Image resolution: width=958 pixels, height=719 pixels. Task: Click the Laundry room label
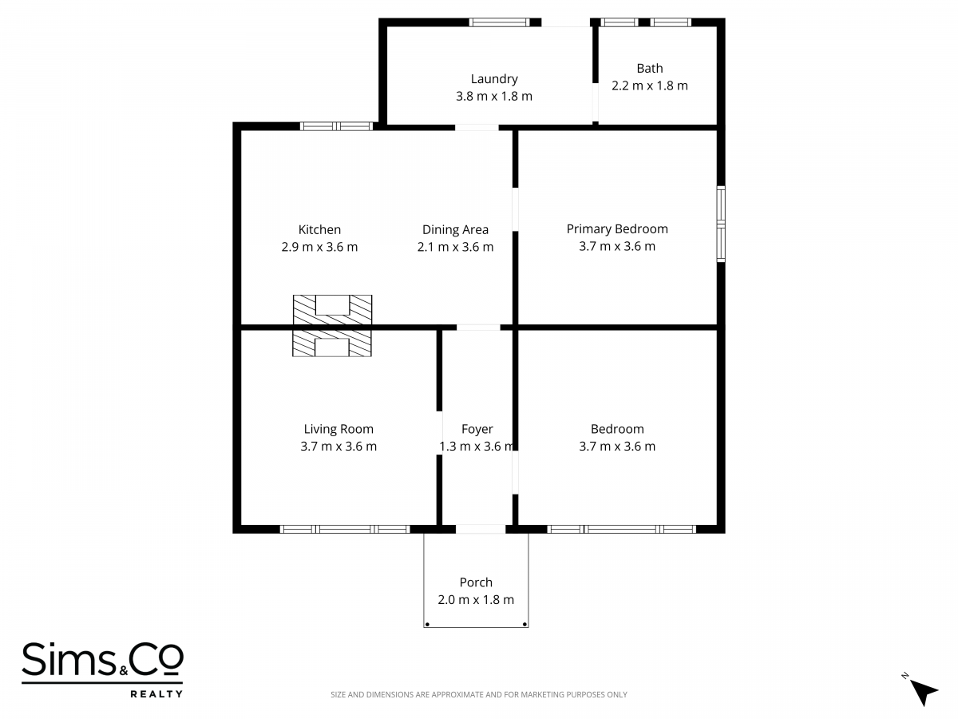(494, 79)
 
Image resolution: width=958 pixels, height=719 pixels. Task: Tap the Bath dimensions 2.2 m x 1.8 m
(649, 85)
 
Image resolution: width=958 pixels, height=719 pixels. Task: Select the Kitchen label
(319, 229)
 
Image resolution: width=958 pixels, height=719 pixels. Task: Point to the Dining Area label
(455, 230)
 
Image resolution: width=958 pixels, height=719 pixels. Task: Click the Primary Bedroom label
(617, 229)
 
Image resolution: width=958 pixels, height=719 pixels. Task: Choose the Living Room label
(338, 430)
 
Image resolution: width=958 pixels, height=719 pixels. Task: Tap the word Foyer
(477, 430)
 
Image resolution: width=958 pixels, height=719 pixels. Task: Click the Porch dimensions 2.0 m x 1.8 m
(476, 600)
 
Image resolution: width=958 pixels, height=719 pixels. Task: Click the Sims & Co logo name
(102, 659)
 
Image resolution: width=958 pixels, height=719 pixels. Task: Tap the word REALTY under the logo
(156, 693)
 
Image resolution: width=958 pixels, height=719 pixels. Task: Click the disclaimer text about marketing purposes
(479, 694)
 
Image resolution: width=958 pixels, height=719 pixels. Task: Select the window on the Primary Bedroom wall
(721, 224)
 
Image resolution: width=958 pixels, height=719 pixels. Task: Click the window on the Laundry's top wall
(500, 22)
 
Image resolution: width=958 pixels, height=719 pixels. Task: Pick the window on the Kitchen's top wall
(337, 126)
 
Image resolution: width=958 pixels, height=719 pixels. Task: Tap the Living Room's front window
(345, 530)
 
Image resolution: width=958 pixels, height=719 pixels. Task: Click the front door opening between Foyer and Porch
(481, 530)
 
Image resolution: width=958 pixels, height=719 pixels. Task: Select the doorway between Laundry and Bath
(596, 102)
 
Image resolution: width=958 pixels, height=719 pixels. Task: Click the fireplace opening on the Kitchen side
(333, 304)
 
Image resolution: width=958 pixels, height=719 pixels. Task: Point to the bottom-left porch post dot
(427, 625)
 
